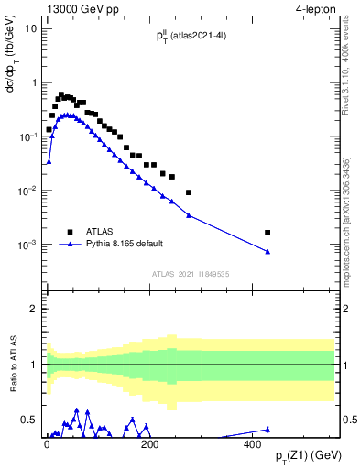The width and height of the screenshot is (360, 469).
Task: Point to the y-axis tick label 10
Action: coord(30,28)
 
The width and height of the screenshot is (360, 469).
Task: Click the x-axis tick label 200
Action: coord(150,444)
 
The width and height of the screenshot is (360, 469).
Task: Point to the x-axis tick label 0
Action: coord(47,444)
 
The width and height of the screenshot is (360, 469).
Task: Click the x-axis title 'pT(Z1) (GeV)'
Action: coord(309,455)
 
